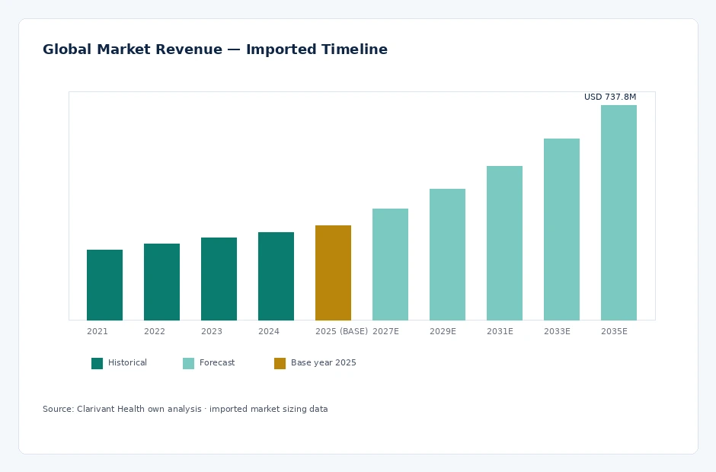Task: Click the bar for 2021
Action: pos(104,285)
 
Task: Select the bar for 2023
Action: pos(219,279)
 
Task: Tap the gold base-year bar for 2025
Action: pos(334,273)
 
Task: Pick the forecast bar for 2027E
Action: pos(391,264)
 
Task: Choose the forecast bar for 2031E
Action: pos(504,243)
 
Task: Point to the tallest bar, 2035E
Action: pos(619,212)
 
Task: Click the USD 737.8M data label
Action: pos(610,97)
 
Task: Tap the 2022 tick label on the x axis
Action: pos(155,331)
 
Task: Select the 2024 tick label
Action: pos(268,331)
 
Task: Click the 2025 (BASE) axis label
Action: pos(341,331)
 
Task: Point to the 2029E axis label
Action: pos(443,331)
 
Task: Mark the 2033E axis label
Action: pos(557,331)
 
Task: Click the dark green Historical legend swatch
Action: pos(97,363)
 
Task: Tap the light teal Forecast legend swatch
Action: pos(189,363)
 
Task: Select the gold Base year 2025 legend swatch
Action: pos(280,363)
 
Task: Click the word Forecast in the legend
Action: pos(217,362)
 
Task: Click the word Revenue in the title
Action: pos(189,49)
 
